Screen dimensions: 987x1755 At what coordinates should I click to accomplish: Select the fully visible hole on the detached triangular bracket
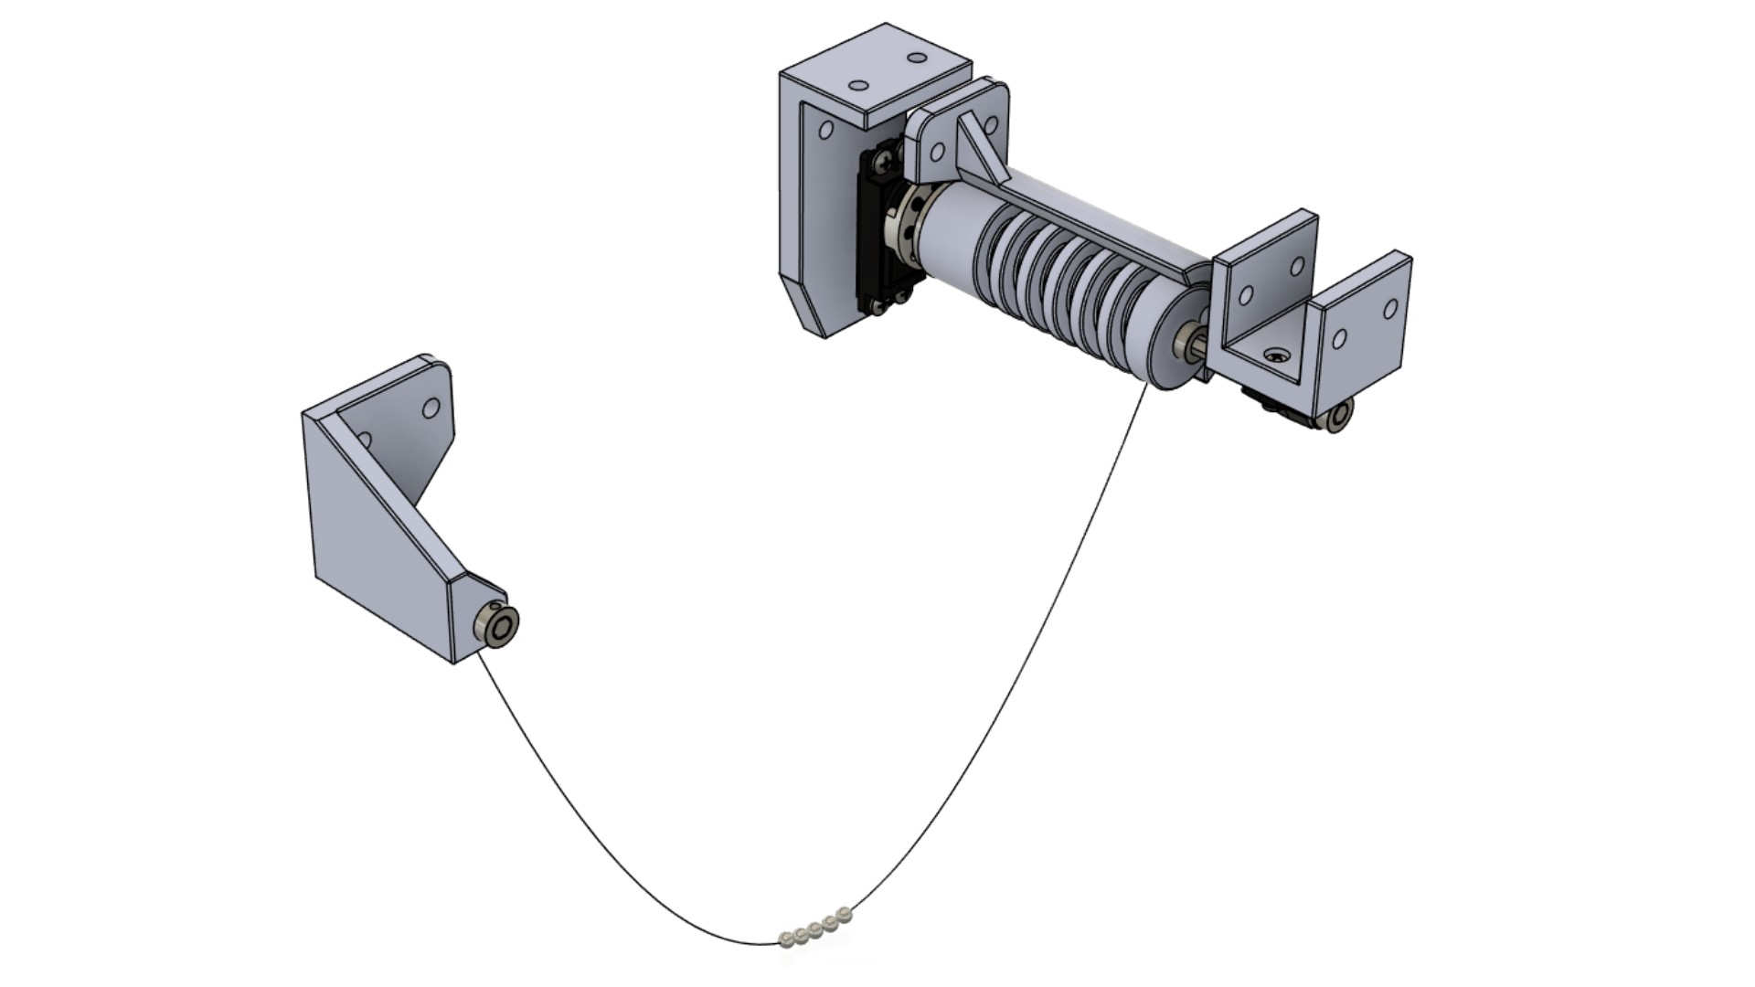[x=431, y=408]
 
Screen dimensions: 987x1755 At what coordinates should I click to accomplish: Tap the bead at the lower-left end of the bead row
[x=786, y=938]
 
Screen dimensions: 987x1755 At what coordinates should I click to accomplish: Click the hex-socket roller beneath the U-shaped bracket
[x=1339, y=416]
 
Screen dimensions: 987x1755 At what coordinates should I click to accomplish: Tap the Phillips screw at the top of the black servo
[x=883, y=163]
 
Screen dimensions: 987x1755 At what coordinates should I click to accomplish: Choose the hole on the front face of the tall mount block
[x=825, y=131]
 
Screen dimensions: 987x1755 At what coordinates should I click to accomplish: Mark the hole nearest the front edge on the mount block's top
[x=858, y=86]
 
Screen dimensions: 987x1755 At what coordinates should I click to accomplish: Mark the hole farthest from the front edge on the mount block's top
[x=917, y=58]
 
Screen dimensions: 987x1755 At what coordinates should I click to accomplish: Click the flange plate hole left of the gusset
[x=936, y=151]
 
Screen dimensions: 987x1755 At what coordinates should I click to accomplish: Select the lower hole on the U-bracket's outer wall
[x=1339, y=339]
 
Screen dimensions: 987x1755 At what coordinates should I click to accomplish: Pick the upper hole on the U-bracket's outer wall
[x=1390, y=309]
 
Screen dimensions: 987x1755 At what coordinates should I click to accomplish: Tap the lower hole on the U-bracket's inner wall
[x=1245, y=296]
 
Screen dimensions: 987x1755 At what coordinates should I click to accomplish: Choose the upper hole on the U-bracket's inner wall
[x=1297, y=267]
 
